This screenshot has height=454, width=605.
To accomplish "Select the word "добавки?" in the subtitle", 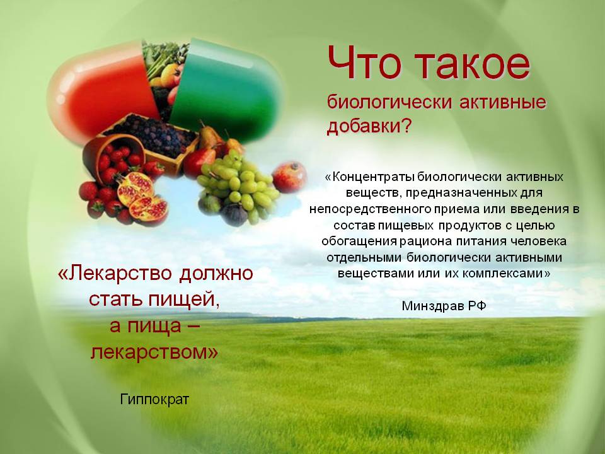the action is (x=369, y=126).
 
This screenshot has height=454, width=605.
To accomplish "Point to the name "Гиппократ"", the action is (x=154, y=399).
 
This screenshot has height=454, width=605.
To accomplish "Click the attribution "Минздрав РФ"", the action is (x=444, y=306).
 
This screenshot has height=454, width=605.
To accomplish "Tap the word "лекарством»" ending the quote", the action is (x=154, y=352).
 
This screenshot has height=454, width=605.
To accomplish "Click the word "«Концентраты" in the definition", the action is (x=370, y=177).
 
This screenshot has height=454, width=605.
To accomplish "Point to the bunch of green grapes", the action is (x=238, y=185).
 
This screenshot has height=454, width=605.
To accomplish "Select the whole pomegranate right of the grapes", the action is (x=289, y=177).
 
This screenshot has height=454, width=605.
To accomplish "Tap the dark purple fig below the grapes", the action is (x=234, y=214).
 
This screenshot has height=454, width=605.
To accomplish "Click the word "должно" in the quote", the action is (x=216, y=273).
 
